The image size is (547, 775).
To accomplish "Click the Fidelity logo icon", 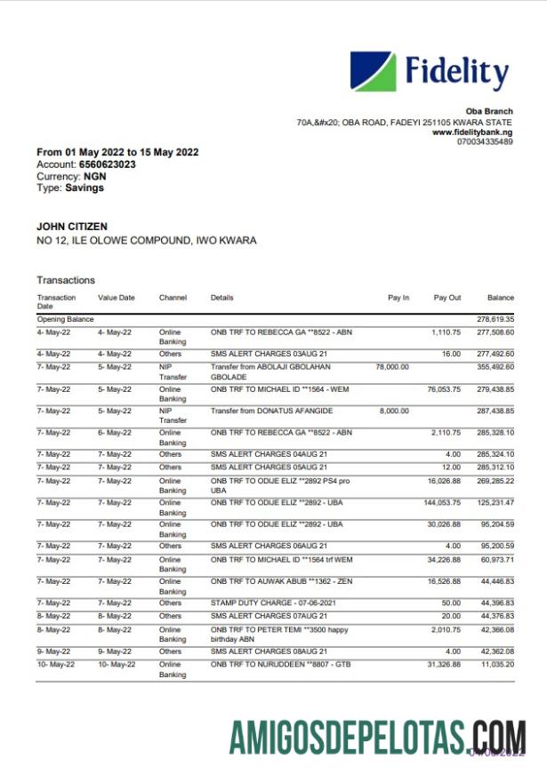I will (x=373, y=71).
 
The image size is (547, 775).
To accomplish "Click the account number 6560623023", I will (x=107, y=164).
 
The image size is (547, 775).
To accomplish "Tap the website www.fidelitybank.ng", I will (x=471, y=132).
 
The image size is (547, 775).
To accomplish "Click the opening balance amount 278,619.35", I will (x=495, y=319).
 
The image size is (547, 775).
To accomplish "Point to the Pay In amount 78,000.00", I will (x=392, y=366).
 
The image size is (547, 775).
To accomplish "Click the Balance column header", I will (x=500, y=298).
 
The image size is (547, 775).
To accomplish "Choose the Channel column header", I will (x=173, y=298).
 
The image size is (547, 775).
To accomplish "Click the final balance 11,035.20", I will (x=495, y=663).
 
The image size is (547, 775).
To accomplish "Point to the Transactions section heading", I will (x=66, y=280).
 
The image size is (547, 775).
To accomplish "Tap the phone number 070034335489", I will (x=485, y=141).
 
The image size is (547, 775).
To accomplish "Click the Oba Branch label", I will (x=490, y=111).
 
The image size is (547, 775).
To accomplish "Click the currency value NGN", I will (x=94, y=176).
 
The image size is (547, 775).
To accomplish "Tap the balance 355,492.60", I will (x=495, y=366).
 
